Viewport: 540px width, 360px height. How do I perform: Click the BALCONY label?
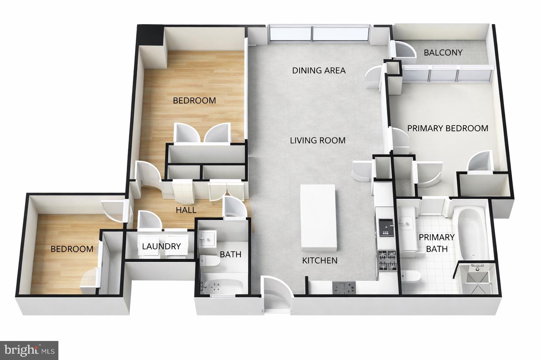(x=443, y=52)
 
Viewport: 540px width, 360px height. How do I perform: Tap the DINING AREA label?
(x=319, y=70)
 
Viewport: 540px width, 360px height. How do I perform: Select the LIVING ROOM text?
(x=318, y=141)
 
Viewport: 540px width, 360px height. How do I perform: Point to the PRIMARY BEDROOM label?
(x=447, y=128)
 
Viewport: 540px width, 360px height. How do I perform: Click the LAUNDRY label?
(x=161, y=246)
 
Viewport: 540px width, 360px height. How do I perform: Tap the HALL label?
(x=186, y=210)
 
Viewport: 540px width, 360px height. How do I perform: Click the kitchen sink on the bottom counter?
(x=344, y=288)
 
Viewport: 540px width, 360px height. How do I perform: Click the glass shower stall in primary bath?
(x=475, y=279)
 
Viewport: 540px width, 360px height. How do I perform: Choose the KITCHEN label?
(x=319, y=261)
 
